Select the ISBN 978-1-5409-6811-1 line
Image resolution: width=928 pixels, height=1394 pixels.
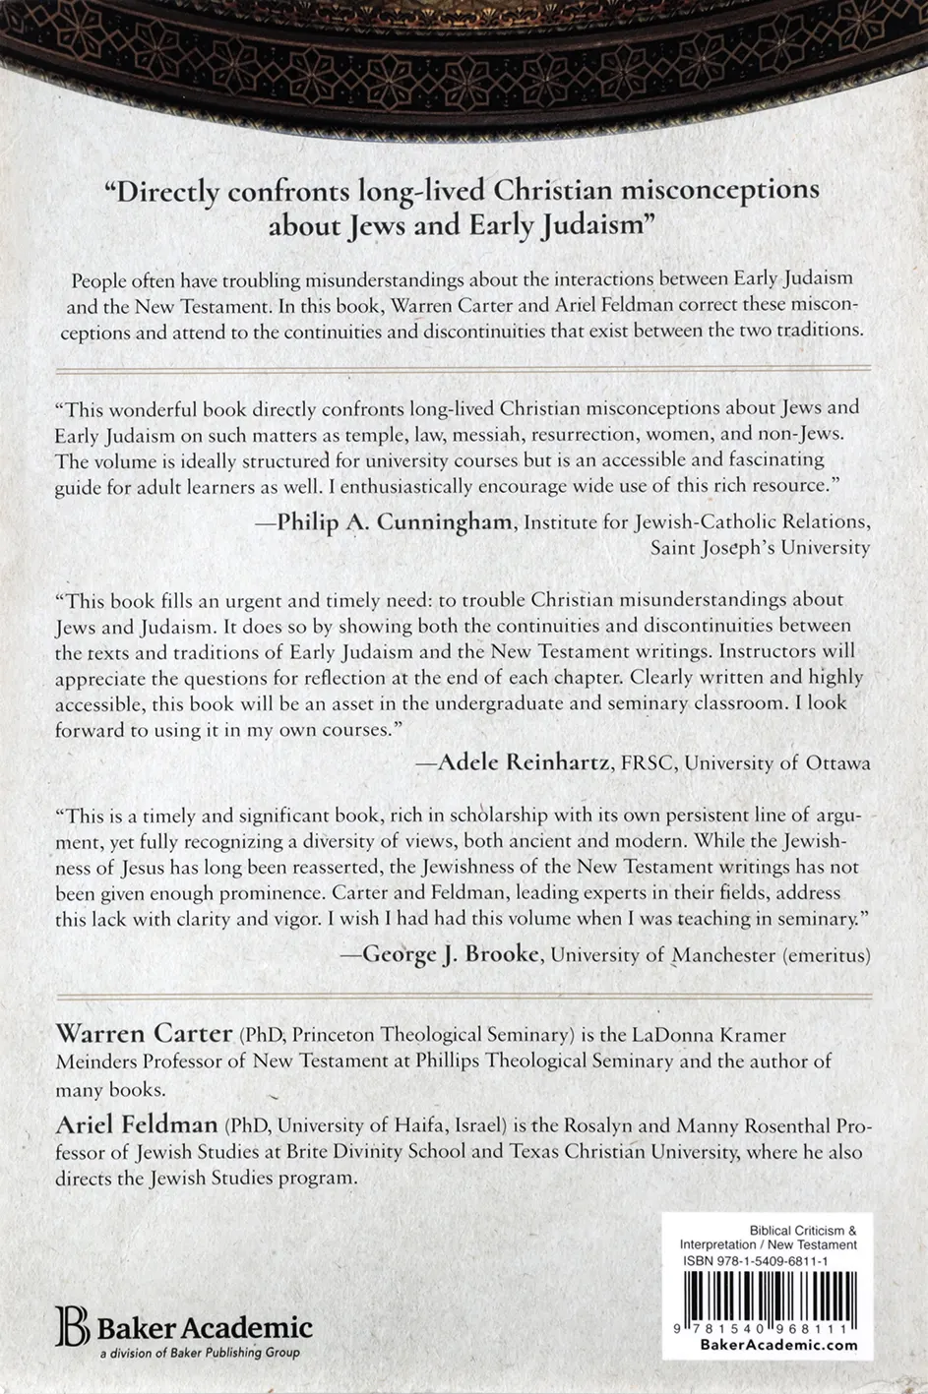(755, 1260)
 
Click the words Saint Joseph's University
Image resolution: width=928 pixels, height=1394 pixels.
(760, 548)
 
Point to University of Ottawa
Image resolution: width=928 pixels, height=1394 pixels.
(777, 762)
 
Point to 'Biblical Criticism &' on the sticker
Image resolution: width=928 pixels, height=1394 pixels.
(802, 1230)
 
